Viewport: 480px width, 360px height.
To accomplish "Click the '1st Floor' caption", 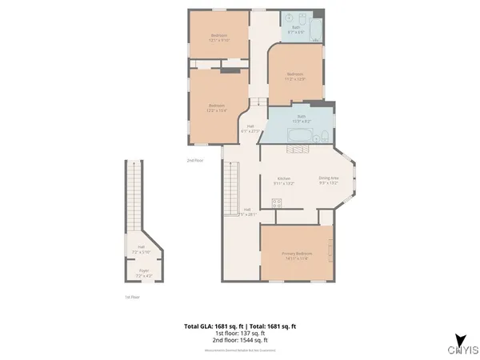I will coord(133,298).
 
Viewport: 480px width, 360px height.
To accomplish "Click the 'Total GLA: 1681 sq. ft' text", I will coord(212,326).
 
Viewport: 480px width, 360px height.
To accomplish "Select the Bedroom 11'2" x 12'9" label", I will coord(296,76).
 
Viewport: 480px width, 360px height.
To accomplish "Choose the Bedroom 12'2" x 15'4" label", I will coord(217,107).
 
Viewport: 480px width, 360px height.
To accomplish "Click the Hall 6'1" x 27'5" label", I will coord(250,128).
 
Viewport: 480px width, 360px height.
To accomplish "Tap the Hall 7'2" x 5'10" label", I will coord(142,249).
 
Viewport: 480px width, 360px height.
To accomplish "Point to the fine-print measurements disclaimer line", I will coord(240,349).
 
